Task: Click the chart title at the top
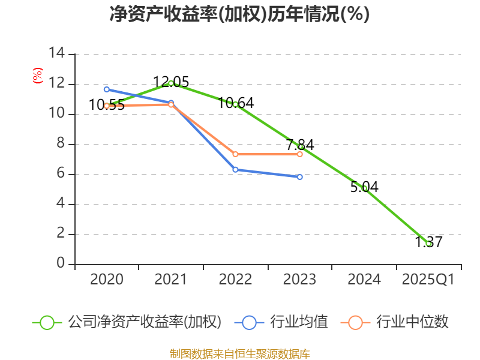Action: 239,14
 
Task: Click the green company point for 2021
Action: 171,83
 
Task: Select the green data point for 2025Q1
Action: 428,244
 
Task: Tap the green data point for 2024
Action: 364,188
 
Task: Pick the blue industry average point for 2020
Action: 107,89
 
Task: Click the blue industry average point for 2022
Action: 235,170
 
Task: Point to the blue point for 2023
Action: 300,177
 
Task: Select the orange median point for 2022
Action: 235,154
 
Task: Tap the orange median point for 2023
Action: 300,154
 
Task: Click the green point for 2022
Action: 235,104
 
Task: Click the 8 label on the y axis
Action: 60,144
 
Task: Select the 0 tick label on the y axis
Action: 60,264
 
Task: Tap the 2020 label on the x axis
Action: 107,280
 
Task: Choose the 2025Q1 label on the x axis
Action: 428,280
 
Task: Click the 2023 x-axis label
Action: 300,280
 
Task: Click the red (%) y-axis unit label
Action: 37,76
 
